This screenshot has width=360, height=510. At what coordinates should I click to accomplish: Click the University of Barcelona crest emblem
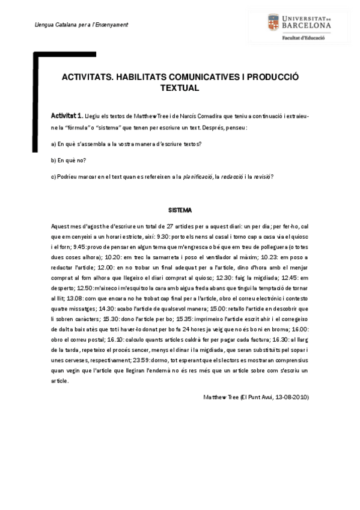276,25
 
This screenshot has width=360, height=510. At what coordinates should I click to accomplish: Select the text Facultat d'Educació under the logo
304,38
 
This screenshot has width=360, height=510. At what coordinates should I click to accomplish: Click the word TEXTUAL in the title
180,88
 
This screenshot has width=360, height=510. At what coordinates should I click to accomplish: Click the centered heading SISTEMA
180,210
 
